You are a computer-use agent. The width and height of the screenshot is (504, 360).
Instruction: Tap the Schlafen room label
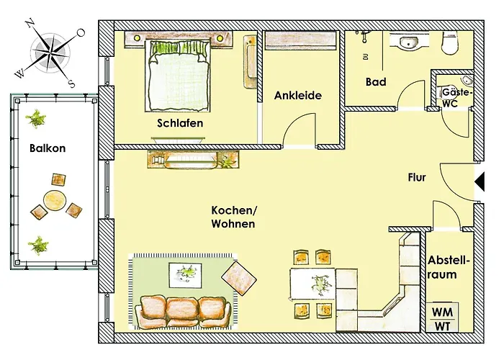[x=180, y=123]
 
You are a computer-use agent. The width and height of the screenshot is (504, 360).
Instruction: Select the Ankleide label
[x=297, y=95]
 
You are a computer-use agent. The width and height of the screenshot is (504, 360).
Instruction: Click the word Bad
[x=376, y=82]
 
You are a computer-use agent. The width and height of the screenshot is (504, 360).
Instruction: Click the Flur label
[x=418, y=177]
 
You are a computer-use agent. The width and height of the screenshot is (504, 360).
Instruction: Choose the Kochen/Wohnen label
[x=233, y=217]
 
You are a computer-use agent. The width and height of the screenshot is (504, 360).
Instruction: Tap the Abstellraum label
[x=449, y=267]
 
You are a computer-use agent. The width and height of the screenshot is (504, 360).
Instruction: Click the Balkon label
[x=48, y=149]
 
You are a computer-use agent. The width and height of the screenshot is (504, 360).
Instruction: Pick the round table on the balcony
[x=55, y=199]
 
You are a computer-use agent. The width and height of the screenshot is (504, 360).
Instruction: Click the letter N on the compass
[x=30, y=23]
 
